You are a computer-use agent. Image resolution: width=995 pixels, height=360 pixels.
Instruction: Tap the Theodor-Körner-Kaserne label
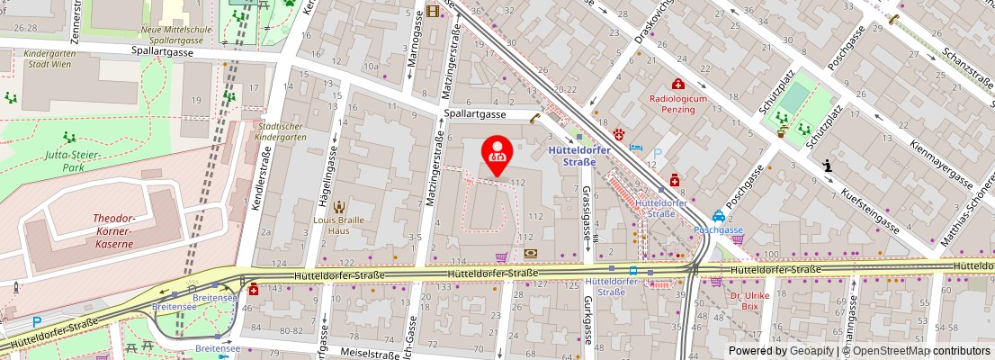point(113,230)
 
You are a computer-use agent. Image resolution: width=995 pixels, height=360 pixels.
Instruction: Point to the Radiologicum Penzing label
point(673,103)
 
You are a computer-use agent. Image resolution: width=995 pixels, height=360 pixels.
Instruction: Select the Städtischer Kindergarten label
point(281,131)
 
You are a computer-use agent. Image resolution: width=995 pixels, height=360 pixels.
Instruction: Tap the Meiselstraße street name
point(369,354)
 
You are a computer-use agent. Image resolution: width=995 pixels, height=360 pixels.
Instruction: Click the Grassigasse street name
point(587,214)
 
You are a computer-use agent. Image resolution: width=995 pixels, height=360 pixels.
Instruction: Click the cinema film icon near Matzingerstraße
point(434,11)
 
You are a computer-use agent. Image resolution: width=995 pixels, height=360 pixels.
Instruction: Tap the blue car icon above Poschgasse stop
point(718,216)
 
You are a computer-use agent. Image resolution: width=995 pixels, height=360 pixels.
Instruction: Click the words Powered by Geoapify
point(781,351)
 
